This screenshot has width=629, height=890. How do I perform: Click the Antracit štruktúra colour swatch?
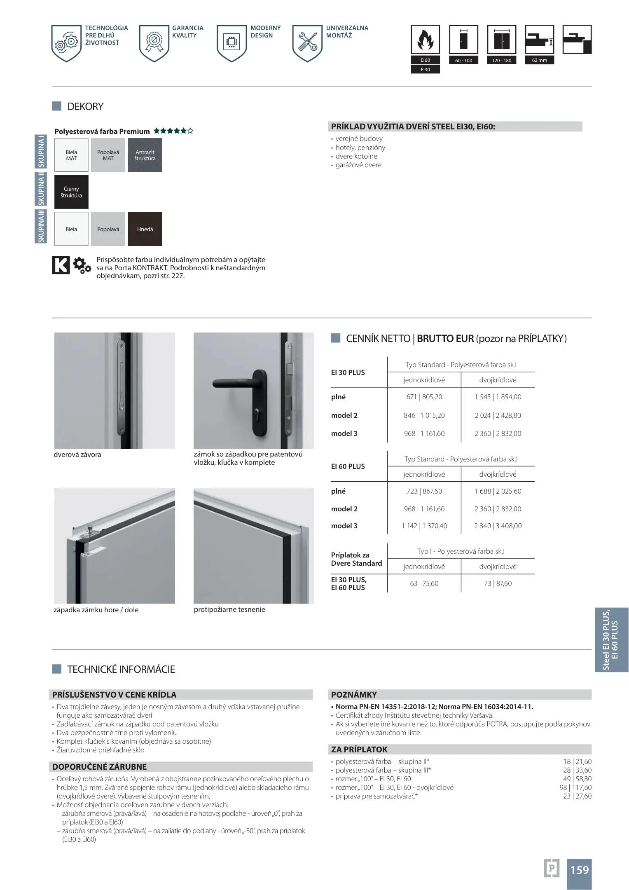[145, 155]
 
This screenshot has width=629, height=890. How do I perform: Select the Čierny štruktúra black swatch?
[71, 192]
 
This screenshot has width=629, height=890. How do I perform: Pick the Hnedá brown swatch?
[145, 229]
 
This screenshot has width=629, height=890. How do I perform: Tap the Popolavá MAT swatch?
[108, 155]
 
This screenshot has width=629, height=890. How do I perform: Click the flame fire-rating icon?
[425, 40]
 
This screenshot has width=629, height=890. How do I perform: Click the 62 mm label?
[539, 60]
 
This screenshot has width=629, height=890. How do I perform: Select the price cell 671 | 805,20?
[424, 397]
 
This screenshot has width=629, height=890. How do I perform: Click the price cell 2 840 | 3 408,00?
[498, 526]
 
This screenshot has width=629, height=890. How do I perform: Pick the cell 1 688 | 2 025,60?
[498, 491]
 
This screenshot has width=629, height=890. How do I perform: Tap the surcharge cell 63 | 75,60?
[424, 583]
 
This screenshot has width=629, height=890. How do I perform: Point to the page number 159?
[579, 870]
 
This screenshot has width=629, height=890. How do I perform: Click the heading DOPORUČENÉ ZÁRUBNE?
[99, 767]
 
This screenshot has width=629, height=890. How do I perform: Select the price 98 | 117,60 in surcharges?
[575, 787]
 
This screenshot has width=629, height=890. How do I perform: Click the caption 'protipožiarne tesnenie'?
[229, 609]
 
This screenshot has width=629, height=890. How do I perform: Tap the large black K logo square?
[61, 265]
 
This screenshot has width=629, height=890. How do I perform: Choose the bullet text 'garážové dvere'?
[358, 165]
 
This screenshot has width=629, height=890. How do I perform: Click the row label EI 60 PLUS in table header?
[348, 466]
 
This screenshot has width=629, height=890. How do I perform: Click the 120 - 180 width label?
[501, 61]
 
